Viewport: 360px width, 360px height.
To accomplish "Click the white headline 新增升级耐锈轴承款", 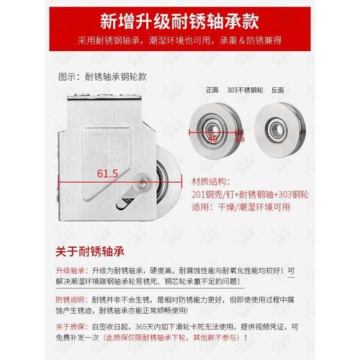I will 179,18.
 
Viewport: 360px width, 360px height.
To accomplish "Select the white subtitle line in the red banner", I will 179,40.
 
